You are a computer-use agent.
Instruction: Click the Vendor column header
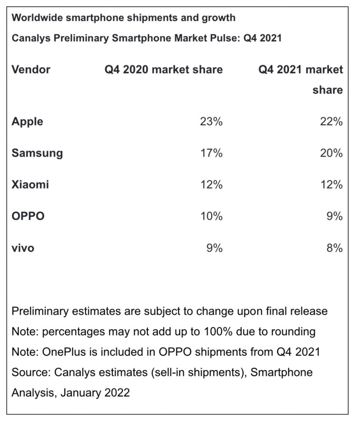tap(31, 69)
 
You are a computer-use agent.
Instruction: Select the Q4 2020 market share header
tap(164, 69)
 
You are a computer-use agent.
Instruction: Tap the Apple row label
tap(27, 122)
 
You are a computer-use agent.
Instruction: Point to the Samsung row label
tap(37, 153)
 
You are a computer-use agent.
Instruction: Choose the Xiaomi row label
tap(30, 185)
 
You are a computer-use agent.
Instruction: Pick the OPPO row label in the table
tap(28, 216)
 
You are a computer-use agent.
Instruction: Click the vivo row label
tap(23, 248)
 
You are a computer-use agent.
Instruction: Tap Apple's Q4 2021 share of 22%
tap(332, 122)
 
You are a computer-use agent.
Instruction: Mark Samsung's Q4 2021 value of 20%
tap(332, 153)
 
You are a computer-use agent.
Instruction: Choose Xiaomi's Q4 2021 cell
tap(332, 185)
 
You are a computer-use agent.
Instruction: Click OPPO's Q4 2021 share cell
tap(334, 216)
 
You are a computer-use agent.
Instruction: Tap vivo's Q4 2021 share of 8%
tap(334, 248)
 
